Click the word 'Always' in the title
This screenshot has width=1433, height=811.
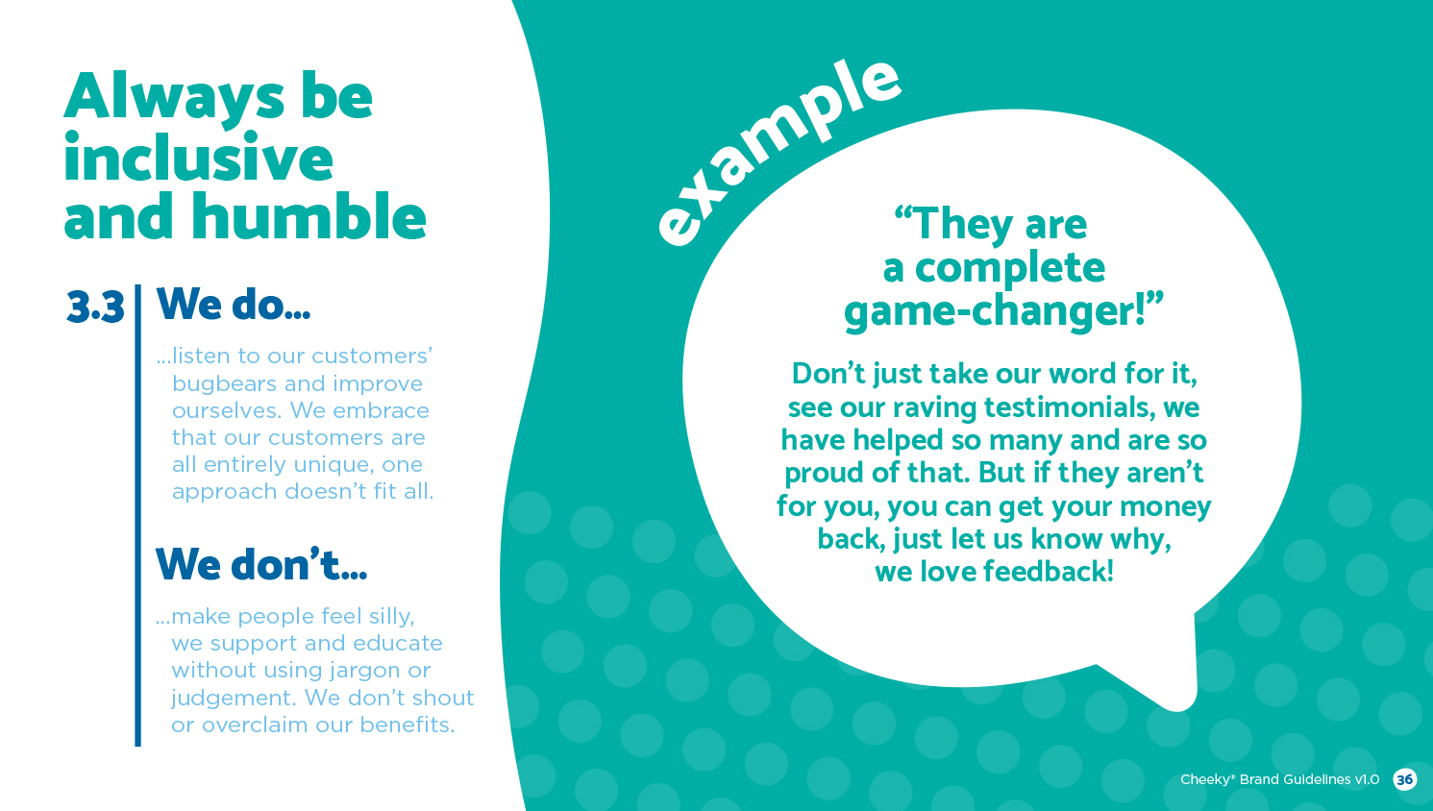pos(174,97)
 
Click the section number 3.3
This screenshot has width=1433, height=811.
pos(95,307)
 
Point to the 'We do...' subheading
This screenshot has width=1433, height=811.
pos(234,304)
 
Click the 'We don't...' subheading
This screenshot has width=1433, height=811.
pos(261,563)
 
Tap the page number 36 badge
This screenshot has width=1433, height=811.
pos(1405,779)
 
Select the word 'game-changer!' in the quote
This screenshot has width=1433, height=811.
pos(1003,311)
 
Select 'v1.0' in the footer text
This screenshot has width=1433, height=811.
pos(1367,779)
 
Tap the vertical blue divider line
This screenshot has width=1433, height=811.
pos(137,515)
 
